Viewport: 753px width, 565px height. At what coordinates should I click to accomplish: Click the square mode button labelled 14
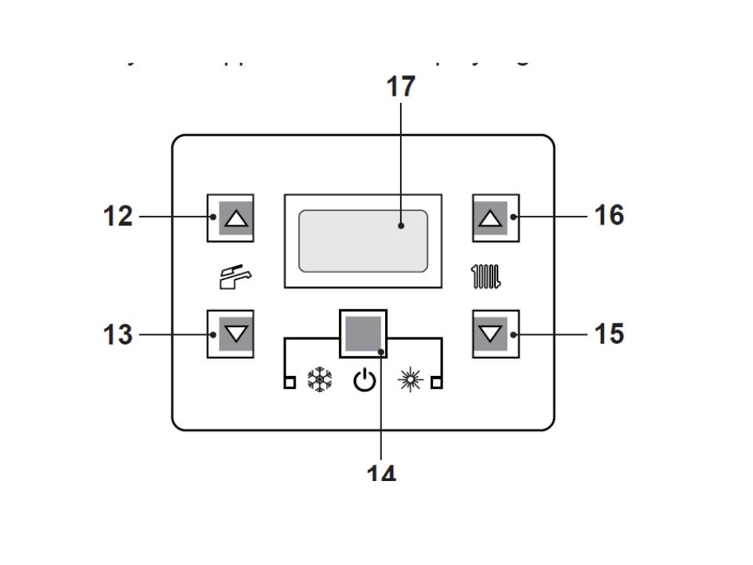coord(363,334)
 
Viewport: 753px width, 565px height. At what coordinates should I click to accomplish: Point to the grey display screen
coord(363,241)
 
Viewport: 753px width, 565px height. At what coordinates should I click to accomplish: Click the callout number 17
coord(400,86)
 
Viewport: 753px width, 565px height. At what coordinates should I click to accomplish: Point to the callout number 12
coord(118,216)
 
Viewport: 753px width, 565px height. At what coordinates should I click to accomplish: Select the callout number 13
coord(118,335)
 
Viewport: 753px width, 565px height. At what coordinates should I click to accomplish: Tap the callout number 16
coord(609,215)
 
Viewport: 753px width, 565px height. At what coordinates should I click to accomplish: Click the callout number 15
coord(609,334)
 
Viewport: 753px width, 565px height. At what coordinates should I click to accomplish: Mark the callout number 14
coord(382,473)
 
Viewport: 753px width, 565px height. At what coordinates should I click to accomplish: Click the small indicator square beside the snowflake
coord(289,382)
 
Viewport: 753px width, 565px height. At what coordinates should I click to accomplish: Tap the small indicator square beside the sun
coord(437,382)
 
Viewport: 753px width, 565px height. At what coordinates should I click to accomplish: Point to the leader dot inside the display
coord(401,226)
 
